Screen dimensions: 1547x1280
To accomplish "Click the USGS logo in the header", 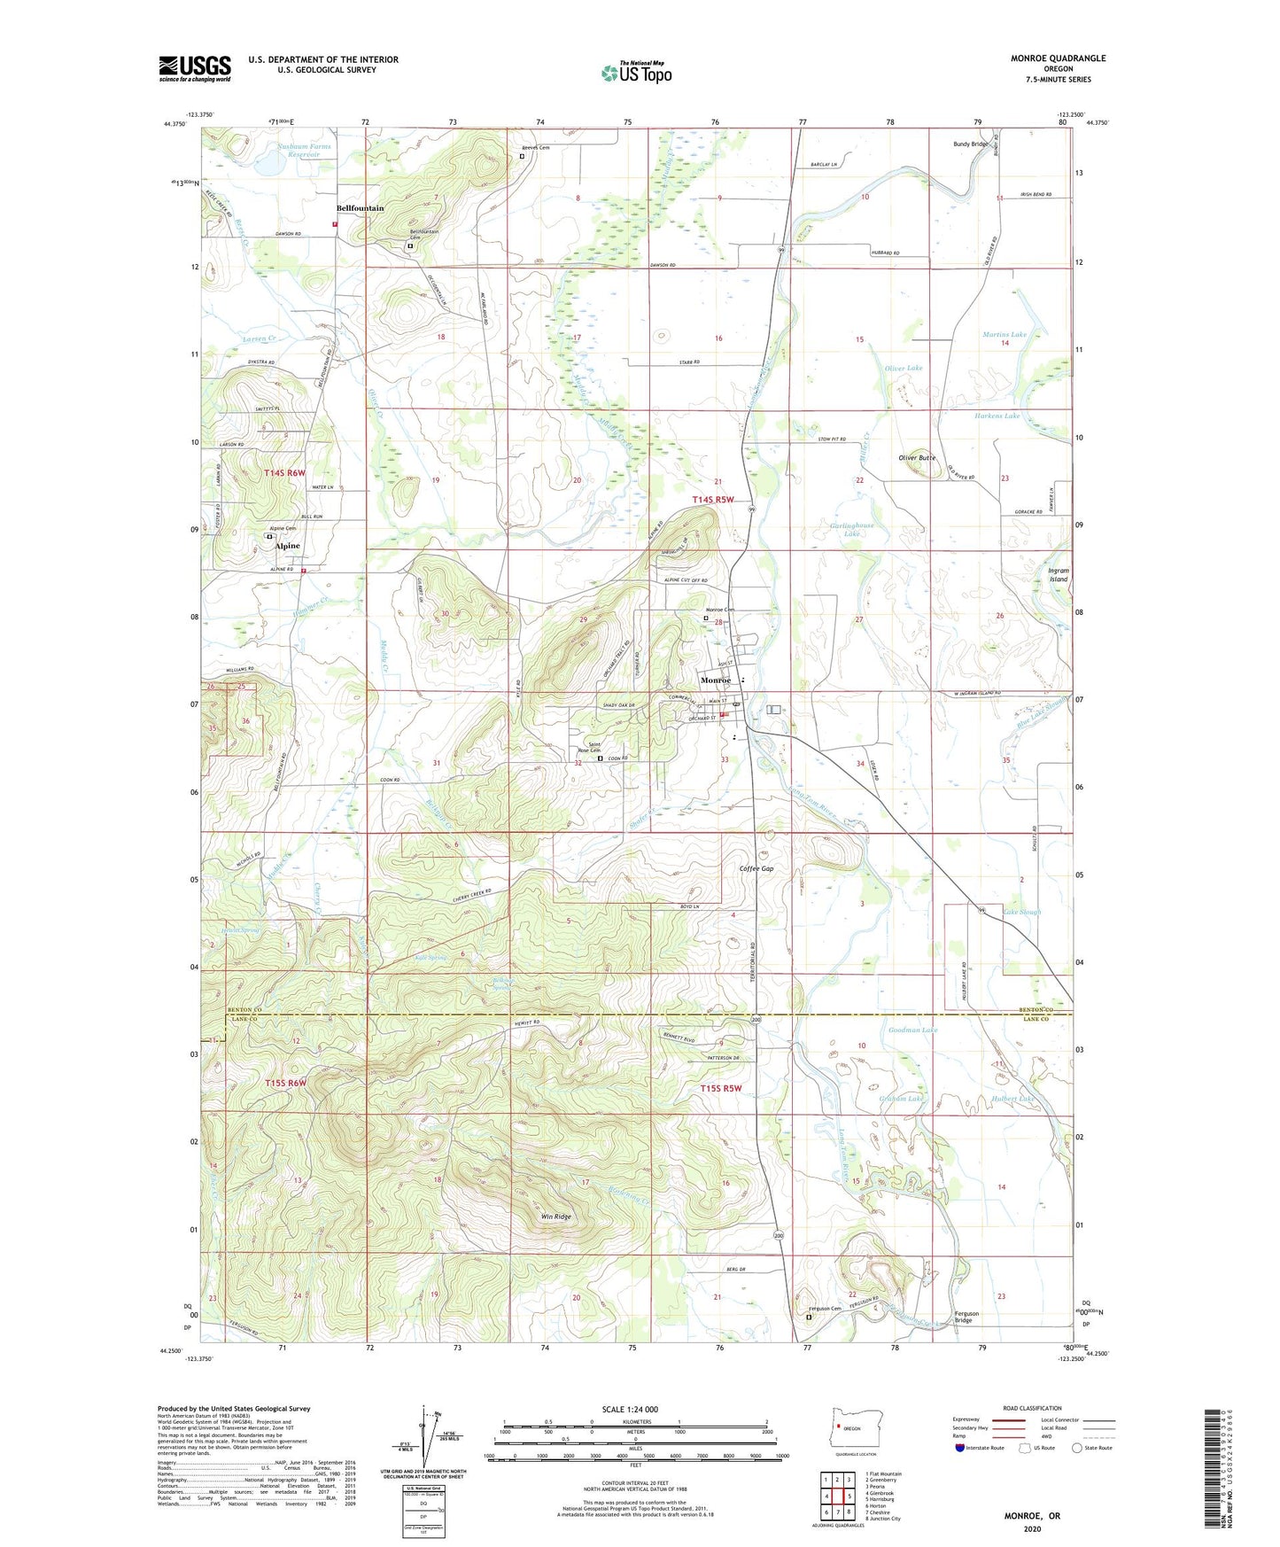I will [194, 68].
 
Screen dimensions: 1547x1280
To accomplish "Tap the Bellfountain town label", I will [360, 208].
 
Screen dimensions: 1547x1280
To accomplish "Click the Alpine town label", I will [287, 546].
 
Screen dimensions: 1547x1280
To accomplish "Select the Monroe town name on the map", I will [716, 680].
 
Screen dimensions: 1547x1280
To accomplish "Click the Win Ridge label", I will [556, 1217].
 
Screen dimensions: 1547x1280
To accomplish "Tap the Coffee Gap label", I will [756, 868].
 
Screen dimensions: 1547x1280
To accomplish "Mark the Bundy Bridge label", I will [970, 144].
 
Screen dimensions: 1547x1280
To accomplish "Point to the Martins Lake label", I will [1005, 334].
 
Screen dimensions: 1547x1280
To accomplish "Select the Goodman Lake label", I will [912, 1030].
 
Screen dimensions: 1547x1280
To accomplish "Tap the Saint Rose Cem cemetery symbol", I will [600, 758].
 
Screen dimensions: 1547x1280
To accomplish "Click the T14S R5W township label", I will [713, 500].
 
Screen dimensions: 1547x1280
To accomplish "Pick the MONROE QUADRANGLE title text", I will [1058, 58].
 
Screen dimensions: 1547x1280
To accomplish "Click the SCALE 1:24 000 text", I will [630, 1409].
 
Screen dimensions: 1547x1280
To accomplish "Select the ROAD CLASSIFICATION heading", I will [1031, 1408].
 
